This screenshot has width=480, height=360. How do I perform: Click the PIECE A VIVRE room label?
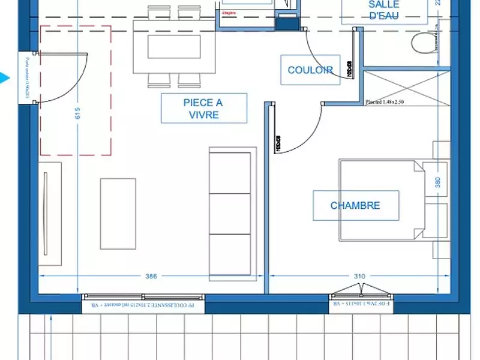click(x=203, y=109)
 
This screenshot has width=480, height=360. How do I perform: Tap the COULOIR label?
click(x=310, y=70)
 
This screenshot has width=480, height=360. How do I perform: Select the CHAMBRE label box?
click(x=355, y=205)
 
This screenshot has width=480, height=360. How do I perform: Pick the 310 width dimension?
click(x=359, y=277)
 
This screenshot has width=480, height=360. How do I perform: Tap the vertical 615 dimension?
click(x=77, y=114)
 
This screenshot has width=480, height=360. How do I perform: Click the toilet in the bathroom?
click(x=424, y=43)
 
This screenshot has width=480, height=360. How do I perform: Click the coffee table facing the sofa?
click(x=118, y=213)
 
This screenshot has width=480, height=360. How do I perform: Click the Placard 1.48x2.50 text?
click(x=385, y=102)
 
